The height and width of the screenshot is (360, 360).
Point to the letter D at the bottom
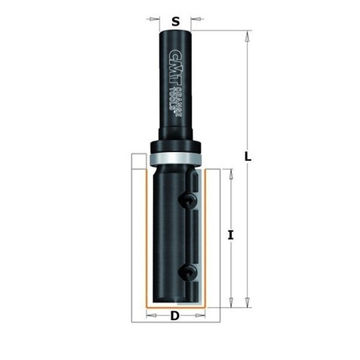174,317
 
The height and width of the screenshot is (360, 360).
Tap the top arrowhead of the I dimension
231,174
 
